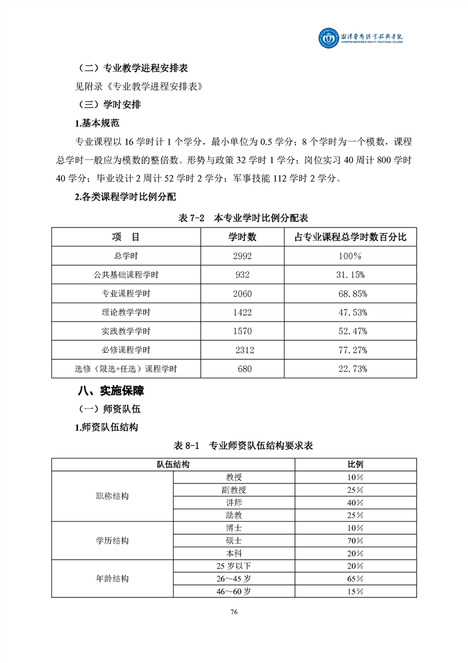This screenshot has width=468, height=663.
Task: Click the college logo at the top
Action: [365, 40]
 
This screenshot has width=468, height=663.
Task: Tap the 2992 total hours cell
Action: [243, 256]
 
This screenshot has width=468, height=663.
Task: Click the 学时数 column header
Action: [243, 237]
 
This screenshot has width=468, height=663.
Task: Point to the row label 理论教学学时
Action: [126, 312]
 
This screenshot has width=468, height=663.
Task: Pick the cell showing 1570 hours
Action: [243, 331]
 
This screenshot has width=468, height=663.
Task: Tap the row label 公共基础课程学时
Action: [126, 275]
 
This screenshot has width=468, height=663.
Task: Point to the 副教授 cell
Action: [234, 490]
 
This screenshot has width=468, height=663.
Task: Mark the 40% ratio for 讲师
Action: [355, 502]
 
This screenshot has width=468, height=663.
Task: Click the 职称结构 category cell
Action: [113, 496]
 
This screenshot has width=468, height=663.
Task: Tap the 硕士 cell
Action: [234, 540]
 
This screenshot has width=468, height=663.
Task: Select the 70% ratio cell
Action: [355, 540]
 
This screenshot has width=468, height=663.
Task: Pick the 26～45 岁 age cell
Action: [234, 578]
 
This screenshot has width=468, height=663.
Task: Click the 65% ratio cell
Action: [355, 578]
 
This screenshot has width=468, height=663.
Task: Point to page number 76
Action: [234, 612]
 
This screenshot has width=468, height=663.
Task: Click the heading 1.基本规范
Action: [97, 123]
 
